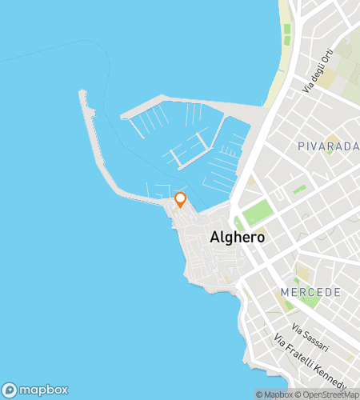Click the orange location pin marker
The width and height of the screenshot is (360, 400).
coord(180,199)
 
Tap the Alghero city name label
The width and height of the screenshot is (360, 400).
coord(237,238)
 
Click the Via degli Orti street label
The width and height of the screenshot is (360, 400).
coord(318,73)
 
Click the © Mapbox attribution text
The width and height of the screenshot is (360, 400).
coord(274,394)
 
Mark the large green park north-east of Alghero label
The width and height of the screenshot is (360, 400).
coord(257,214)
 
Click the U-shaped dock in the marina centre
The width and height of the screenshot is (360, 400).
coord(189,153)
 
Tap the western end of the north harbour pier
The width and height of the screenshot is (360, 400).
coord(125,116)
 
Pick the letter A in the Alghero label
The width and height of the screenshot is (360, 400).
coord(214,238)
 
